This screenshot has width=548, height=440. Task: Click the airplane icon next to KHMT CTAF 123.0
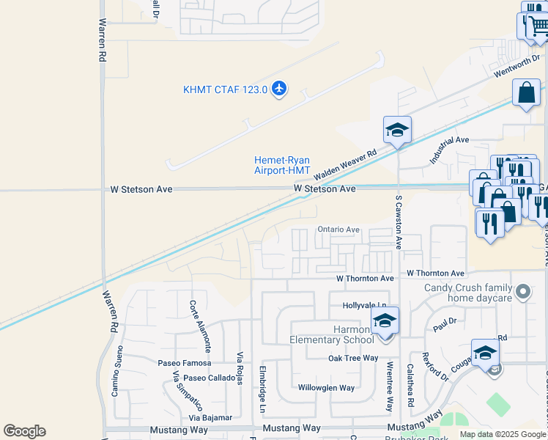click(278, 89)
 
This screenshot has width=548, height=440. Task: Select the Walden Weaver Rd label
click(344, 164)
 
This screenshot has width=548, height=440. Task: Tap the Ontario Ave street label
click(338, 230)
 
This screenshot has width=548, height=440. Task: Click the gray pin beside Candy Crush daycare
click(522, 293)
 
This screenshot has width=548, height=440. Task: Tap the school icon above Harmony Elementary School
click(385, 320)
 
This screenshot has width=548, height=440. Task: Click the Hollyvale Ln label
click(364, 305)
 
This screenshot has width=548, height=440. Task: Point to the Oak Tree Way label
click(353, 358)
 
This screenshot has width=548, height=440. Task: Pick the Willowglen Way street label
click(326, 388)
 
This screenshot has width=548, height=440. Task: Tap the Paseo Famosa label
click(185, 363)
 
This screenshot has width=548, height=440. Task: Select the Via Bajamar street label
click(210, 417)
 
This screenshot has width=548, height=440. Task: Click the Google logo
click(24, 431)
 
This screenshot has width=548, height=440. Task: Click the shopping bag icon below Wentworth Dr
click(526, 94)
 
